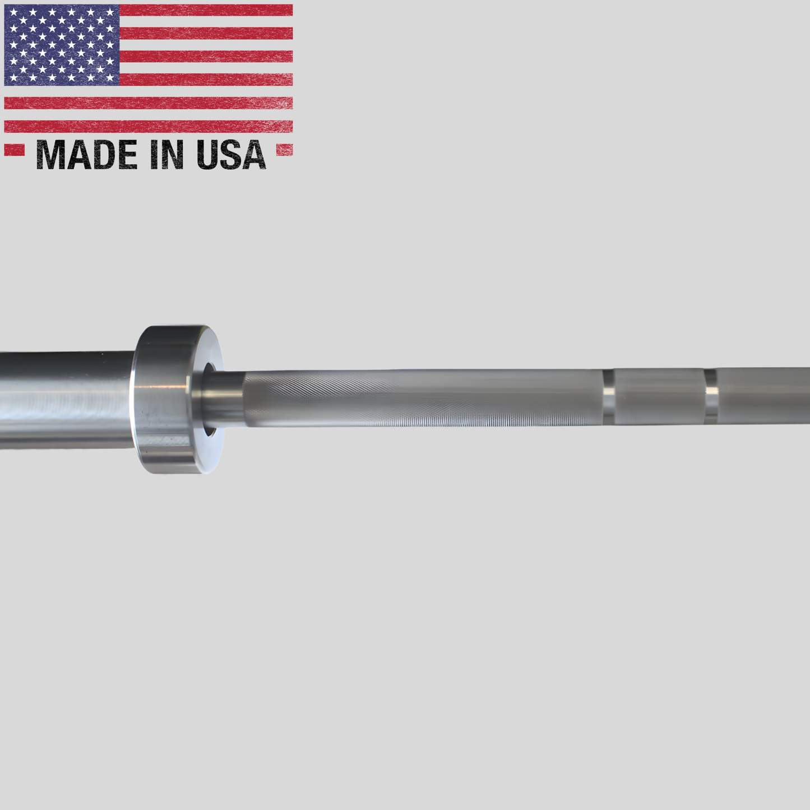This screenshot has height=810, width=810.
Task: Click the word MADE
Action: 87,155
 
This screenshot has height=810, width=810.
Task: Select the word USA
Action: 231,155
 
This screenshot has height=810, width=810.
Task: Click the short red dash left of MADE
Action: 14,150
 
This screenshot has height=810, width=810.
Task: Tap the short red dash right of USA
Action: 285,150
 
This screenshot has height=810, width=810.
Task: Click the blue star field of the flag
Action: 62,45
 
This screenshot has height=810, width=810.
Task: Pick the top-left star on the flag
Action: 13,12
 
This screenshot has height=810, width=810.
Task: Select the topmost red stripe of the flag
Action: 206,10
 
